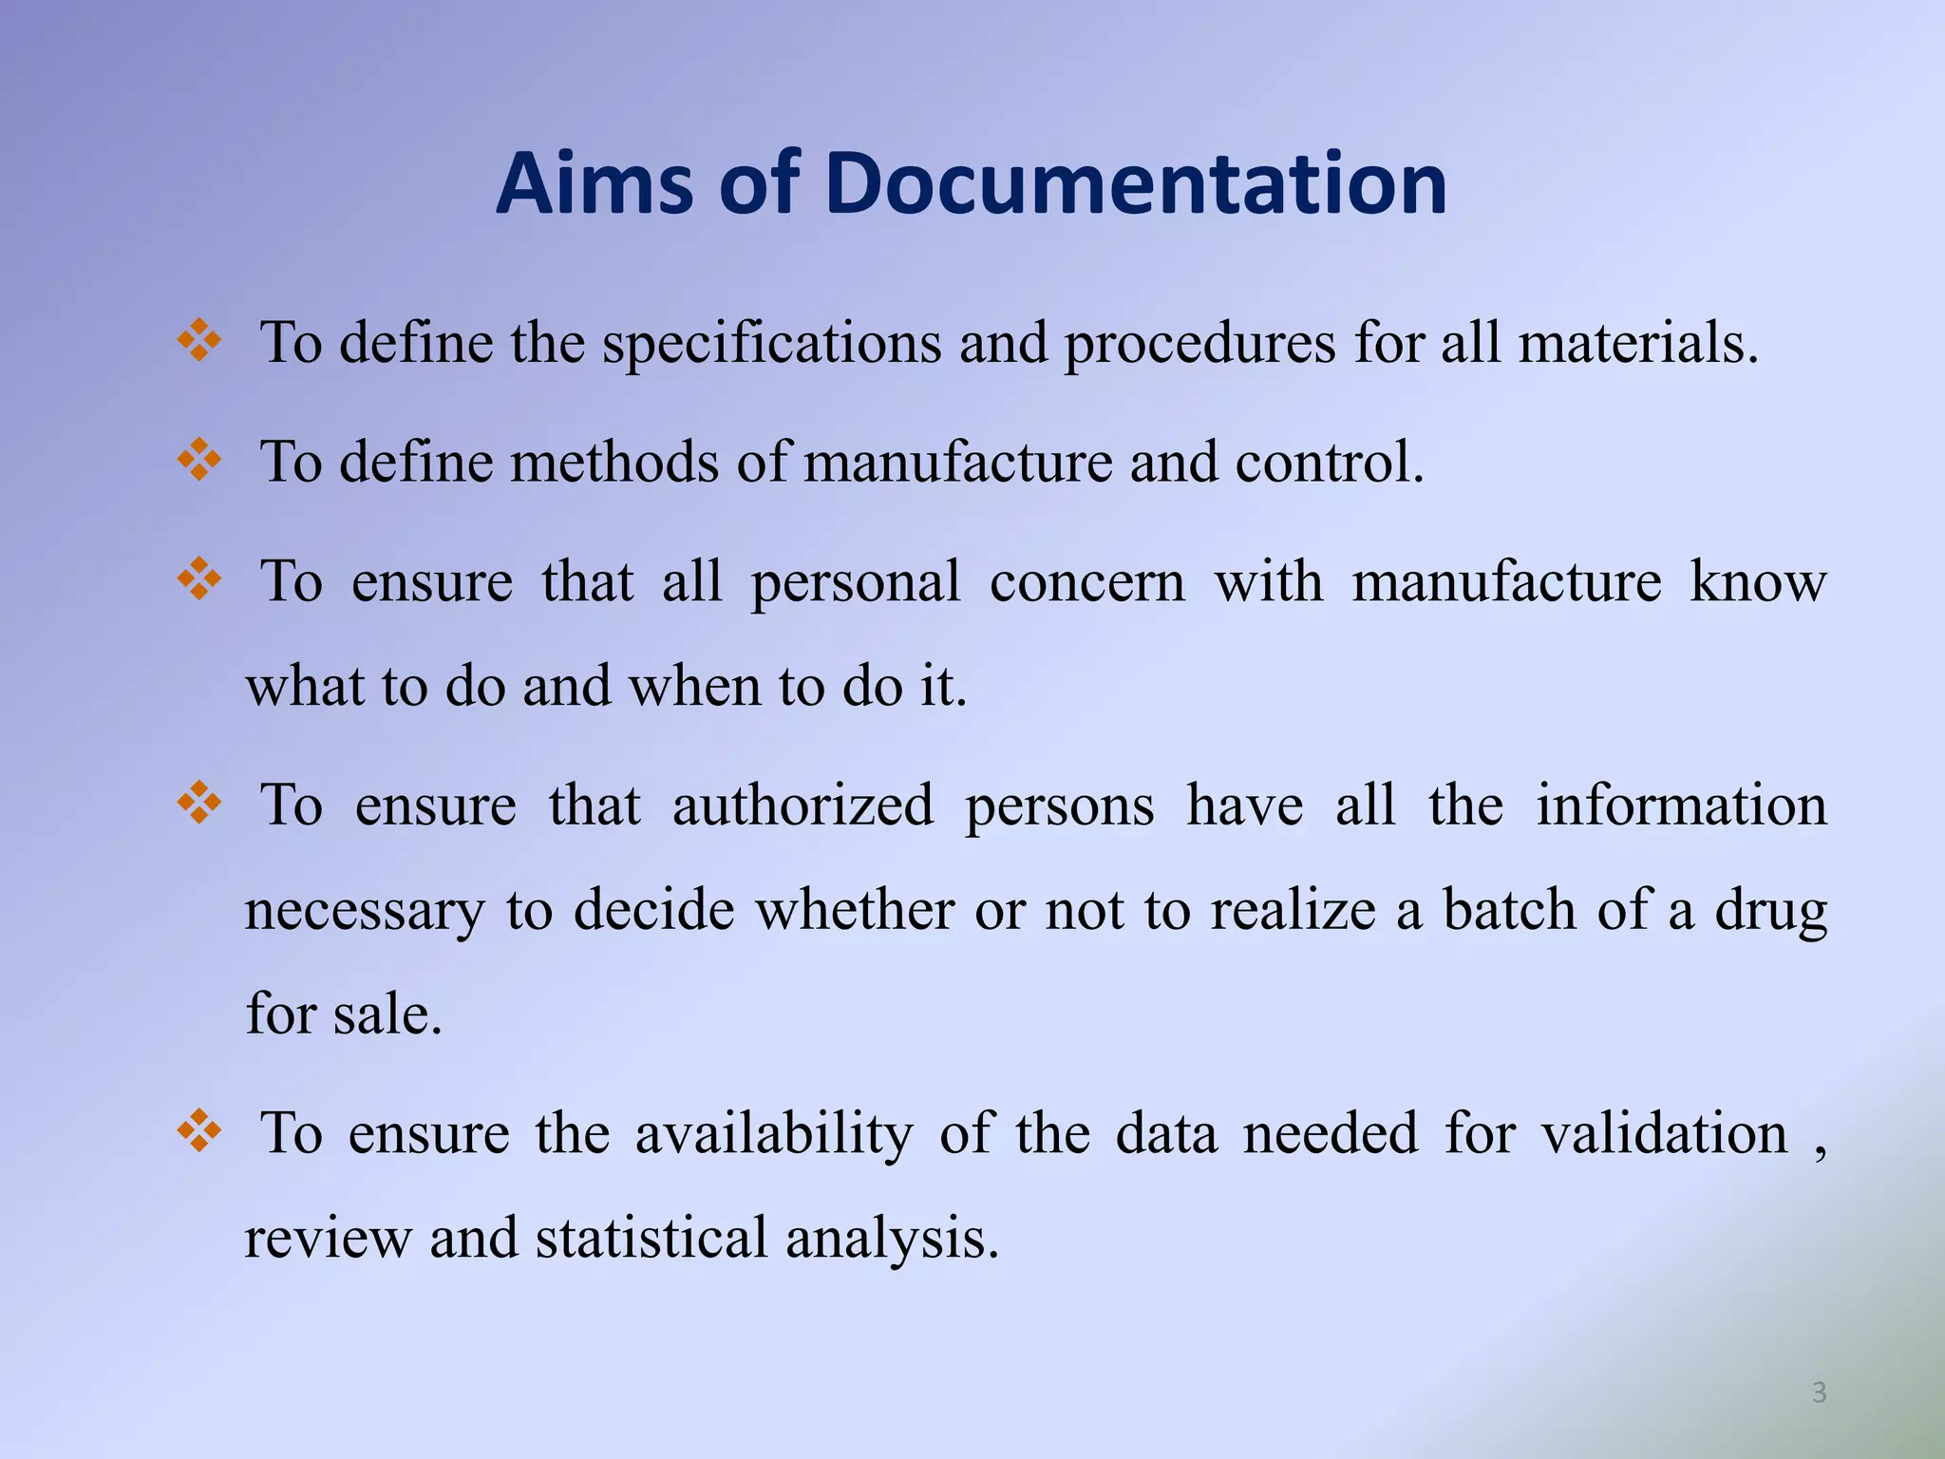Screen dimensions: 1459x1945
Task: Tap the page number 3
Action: [x=1819, y=1393]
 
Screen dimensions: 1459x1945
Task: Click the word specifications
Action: [x=772, y=344]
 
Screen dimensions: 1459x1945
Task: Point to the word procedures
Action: [x=1199, y=344]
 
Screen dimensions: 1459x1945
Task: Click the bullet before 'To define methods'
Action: [x=199, y=462]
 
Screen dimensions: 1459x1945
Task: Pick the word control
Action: [x=1330, y=463]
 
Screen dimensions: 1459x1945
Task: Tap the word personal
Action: [x=856, y=582]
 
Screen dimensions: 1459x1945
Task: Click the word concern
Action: [x=1087, y=582]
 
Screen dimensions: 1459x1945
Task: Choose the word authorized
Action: [x=803, y=805]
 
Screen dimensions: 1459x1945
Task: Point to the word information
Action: [x=1681, y=805]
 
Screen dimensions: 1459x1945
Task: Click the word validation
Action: [x=1664, y=1133]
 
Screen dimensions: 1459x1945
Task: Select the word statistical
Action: [x=651, y=1238]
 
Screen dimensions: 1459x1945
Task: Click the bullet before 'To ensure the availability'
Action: [x=199, y=1132]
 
